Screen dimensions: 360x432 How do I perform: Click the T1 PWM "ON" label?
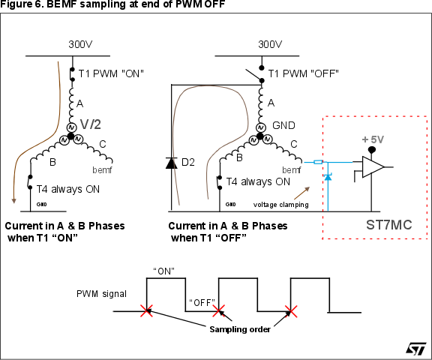(111, 73)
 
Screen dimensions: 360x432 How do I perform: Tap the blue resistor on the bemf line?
(318, 162)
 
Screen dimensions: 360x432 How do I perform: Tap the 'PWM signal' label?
(101, 292)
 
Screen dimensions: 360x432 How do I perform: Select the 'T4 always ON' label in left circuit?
(67, 189)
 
